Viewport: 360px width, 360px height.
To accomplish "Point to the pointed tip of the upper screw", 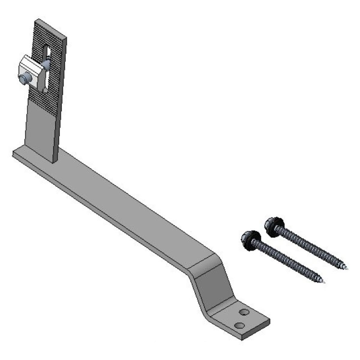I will coord(347,268).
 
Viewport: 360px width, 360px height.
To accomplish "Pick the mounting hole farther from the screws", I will coord(239,325).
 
